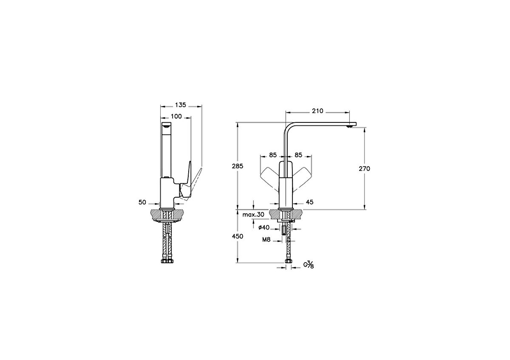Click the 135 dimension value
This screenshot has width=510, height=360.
[x=181, y=105]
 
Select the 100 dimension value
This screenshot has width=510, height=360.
[x=176, y=116]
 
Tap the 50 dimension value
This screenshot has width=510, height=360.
[x=142, y=202]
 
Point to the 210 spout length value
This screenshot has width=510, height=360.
[x=317, y=111]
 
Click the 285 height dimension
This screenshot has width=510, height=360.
[x=238, y=166]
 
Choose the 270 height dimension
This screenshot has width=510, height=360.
[x=365, y=169]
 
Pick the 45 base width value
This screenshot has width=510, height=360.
[x=310, y=202]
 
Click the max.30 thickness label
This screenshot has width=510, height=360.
[x=253, y=215]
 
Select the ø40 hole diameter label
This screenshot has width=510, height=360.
[x=264, y=227]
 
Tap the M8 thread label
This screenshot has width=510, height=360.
[x=266, y=240]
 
